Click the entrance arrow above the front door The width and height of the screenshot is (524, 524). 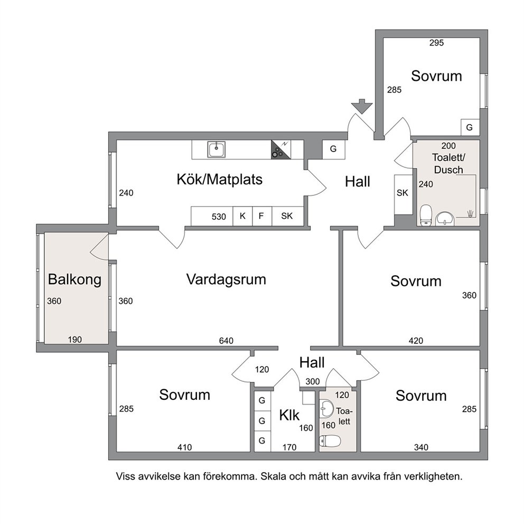[362, 106]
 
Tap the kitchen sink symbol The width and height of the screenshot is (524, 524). [216, 149]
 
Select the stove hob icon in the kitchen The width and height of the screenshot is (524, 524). [280, 149]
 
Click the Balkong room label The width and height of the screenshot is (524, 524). [74, 279]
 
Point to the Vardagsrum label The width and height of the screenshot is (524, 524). [226, 279]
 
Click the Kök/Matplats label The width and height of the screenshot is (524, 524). [220, 180]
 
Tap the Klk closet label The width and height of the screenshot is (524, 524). [289, 415]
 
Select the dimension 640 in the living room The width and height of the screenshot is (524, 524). [226, 341]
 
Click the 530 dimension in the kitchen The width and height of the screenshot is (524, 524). [219, 217]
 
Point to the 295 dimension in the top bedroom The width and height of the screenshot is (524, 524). [436, 43]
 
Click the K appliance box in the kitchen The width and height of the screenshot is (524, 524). [242, 216]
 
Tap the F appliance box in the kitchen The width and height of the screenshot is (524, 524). [261, 216]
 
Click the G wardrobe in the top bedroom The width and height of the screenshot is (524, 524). [470, 127]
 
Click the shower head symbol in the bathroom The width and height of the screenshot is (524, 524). [471, 213]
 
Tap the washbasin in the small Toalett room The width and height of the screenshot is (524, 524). [326, 409]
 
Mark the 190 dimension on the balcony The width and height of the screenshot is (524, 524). [74, 340]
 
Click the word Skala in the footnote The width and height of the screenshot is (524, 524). [274, 476]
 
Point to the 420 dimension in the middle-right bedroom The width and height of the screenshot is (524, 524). [416, 341]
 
